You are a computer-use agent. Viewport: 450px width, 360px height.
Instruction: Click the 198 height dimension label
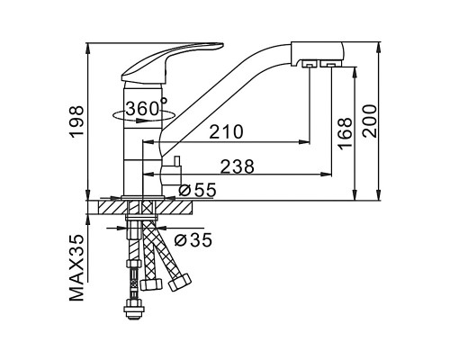(76, 121)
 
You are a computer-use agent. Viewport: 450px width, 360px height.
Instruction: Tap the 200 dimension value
(369, 121)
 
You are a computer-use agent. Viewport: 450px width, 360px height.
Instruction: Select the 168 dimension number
(345, 132)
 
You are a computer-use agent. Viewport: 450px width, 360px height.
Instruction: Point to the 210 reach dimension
(226, 131)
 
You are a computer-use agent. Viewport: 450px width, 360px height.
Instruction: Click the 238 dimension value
(237, 166)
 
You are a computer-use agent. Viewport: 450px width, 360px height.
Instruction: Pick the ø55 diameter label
(197, 190)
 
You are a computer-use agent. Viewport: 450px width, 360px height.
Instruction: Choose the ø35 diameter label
(193, 239)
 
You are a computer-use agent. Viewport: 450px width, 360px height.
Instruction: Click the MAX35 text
(76, 268)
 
